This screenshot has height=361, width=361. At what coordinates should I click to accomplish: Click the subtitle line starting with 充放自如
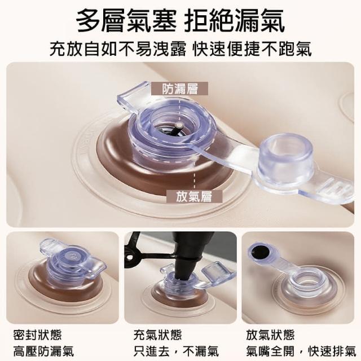pos(180,49)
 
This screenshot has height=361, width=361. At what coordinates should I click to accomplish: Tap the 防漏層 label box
pos(179,89)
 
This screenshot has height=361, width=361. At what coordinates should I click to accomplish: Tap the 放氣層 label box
pos(194,196)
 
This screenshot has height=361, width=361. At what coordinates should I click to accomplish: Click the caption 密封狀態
pos(38,334)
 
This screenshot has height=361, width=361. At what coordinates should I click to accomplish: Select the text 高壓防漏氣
pos(43,351)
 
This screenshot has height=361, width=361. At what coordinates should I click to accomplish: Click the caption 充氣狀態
pos(158,334)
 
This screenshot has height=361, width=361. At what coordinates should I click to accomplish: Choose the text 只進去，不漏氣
pos(176,351)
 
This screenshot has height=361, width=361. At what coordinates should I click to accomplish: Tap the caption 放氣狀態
pos(270,334)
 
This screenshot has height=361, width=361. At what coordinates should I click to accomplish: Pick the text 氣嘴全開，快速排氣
pos(301,351)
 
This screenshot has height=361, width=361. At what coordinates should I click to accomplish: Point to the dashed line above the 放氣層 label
pos(195,176)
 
